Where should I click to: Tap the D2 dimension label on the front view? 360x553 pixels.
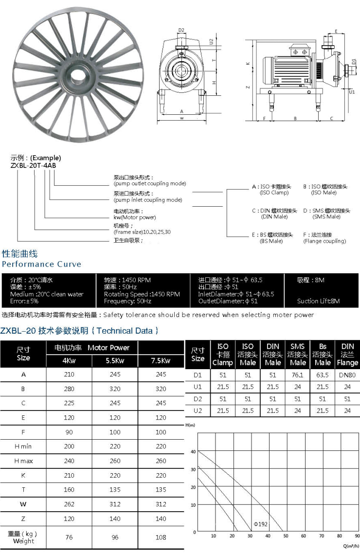(x=181, y=30)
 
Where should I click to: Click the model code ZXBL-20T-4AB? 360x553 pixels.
(x=33, y=165)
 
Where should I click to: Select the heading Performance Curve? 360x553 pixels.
(x=41, y=264)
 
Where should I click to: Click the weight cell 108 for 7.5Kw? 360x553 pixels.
(x=161, y=537)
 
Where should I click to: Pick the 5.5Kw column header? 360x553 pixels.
(x=115, y=361)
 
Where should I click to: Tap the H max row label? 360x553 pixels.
(x=23, y=461)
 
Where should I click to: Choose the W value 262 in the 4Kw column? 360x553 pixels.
(x=69, y=504)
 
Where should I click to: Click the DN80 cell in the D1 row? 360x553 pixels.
(x=347, y=375)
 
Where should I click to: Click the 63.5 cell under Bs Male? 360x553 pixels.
(x=323, y=375)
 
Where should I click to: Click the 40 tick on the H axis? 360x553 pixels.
(x=193, y=452)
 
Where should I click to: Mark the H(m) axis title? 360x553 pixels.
(x=190, y=425)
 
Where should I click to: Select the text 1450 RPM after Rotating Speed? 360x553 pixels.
(x=165, y=294)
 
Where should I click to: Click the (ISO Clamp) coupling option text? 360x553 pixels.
(x=274, y=193)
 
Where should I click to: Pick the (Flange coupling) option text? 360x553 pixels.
(x=324, y=241)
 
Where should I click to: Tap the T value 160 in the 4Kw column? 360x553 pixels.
(x=69, y=490)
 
